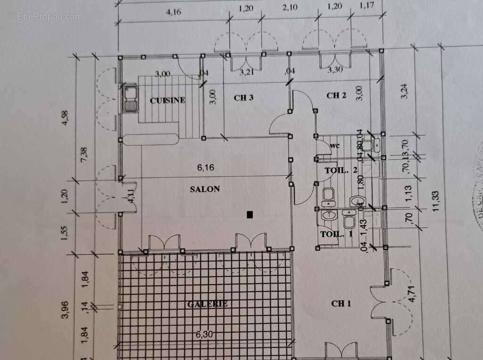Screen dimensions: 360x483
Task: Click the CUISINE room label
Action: pyautogui.click(x=168, y=100)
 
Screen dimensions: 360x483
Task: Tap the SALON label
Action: pyautogui.click(x=205, y=189)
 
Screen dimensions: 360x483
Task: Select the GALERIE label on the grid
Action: pyautogui.click(x=207, y=304)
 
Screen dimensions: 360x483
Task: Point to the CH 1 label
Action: pyautogui.click(x=341, y=303)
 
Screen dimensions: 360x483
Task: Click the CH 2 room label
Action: pyautogui.click(x=336, y=96)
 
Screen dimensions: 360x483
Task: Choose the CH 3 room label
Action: pyautogui.click(x=244, y=98)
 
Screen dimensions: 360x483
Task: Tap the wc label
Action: pyautogui.click(x=336, y=145)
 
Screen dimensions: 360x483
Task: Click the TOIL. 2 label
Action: pyautogui.click(x=341, y=171)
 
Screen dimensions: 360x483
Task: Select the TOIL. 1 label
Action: pyautogui.click(x=336, y=234)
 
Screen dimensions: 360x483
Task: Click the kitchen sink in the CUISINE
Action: pyautogui.click(x=130, y=98)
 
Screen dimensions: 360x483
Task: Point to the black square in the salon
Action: pyautogui.click(x=250, y=215)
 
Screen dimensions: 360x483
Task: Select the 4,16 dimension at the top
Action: pyautogui.click(x=173, y=13)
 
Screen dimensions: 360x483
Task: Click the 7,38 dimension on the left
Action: pyautogui.click(x=84, y=155)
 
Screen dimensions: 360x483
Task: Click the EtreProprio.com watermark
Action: pyautogui.click(x=45, y=16)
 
